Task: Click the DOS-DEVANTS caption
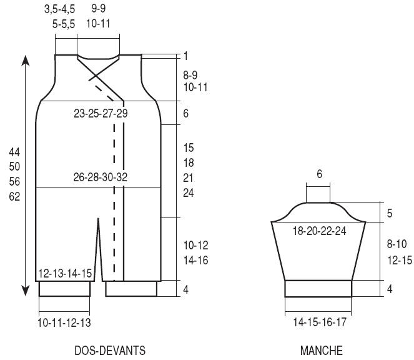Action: click(x=110, y=351)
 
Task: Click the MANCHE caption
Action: click(x=322, y=351)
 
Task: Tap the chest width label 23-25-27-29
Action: click(x=101, y=113)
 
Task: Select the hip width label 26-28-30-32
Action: click(x=101, y=177)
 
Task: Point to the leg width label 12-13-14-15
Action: click(x=65, y=273)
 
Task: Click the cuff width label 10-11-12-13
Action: click(x=64, y=322)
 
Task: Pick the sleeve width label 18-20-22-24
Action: click(x=319, y=231)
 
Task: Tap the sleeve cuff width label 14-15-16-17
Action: click(x=320, y=322)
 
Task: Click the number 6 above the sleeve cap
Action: click(x=319, y=174)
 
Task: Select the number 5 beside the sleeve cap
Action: click(x=390, y=213)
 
